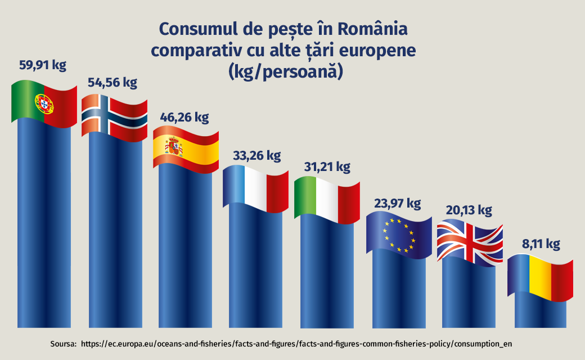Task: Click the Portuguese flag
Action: [44, 103]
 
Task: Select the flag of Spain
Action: [186, 149]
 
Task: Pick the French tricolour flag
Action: [255, 187]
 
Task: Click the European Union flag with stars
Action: [398, 235]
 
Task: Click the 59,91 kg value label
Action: [43, 65]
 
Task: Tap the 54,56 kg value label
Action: [112, 83]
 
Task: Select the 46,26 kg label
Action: [184, 118]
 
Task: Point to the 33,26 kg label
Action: [256, 155]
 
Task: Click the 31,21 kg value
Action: [326, 167]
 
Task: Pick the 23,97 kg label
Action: [397, 203]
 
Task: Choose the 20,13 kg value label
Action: [469, 210]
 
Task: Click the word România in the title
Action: [374, 29]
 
